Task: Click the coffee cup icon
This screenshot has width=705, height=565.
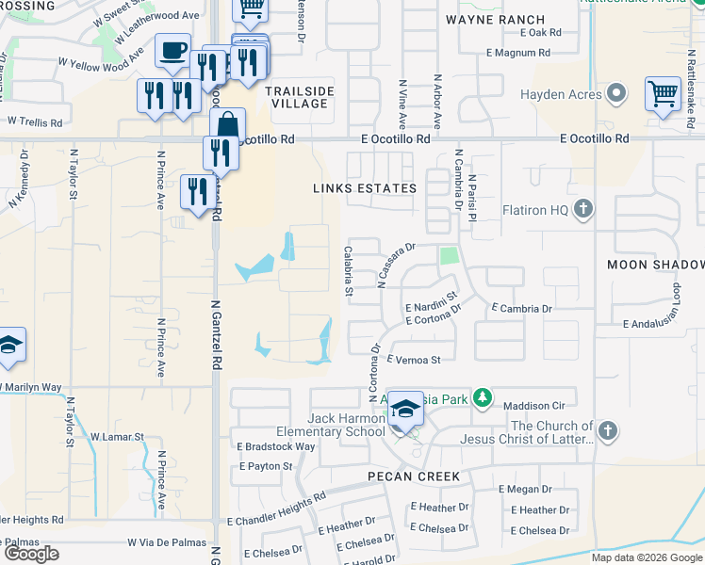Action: pyautogui.click(x=172, y=51)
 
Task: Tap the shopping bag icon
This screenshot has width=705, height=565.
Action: pyautogui.click(x=228, y=125)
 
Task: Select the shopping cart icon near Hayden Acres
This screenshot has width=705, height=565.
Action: pyautogui.click(x=663, y=95)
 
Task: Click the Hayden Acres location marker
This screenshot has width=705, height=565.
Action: pyautogui.click(x=616, y=94)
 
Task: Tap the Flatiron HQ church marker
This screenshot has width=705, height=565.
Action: pyautogui.click(x=583, y=208)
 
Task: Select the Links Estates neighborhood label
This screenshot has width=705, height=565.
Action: pyautogui.click(x=365, y=188)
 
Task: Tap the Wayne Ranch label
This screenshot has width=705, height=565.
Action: pyautogui.click(x=495, y=19)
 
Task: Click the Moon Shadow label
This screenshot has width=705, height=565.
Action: pyautogui.click(x=655, y=265)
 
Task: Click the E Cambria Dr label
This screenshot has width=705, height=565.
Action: pyautogui.click(x=521, y=308)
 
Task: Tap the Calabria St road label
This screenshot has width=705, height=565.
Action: pyautogui.click(x=348, y=270)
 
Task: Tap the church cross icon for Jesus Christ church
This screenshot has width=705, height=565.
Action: pyautogui.click(x=608, y=431)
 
